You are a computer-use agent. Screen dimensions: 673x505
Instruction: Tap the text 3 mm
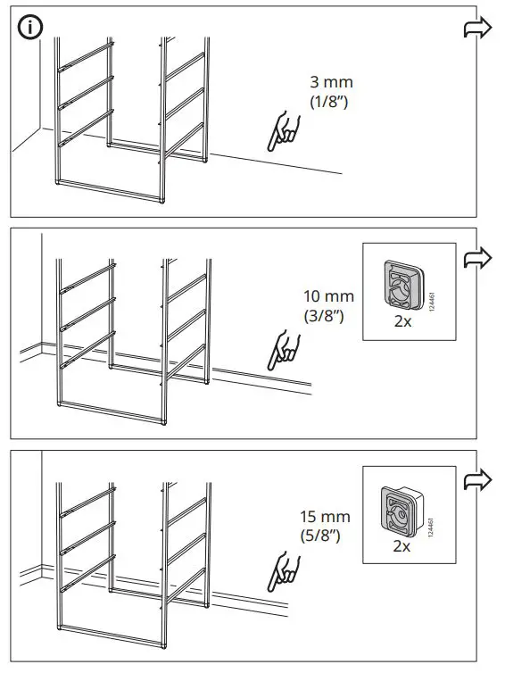tap(326, 83)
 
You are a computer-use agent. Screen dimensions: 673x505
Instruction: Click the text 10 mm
tap(328, 296)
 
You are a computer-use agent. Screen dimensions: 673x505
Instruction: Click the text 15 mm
tap(326, 518)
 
